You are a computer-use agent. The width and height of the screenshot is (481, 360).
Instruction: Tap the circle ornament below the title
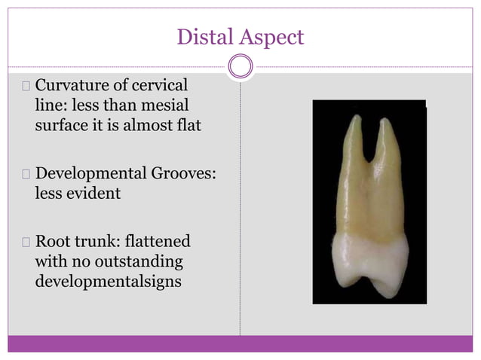point(240,67)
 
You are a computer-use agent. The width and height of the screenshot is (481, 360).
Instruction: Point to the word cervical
point(161,85)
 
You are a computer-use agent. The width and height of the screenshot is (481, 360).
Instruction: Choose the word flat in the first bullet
point(187,125)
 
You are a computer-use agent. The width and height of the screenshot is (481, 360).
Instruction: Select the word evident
point(93,194)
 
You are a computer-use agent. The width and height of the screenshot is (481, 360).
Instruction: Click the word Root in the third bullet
point(53,243)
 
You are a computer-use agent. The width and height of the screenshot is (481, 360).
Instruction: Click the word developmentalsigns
point(112,282)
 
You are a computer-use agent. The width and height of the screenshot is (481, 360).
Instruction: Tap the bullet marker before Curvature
point(26,85)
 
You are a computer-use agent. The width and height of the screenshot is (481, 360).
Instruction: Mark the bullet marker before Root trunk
point(26,243)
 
